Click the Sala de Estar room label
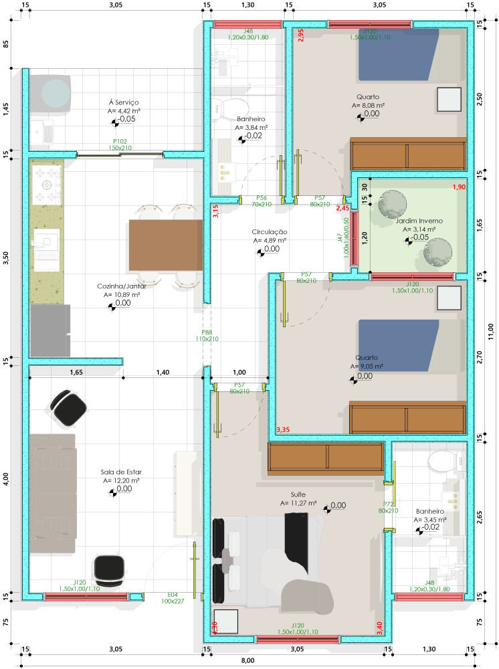coord(121,472)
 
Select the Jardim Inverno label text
coord(419,221)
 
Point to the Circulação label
coord(269,231)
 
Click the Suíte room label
coord(298,494)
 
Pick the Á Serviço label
coord(124,102)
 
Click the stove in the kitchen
coord(46,185)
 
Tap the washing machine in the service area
coord(50,94)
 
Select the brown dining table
coord(166,245)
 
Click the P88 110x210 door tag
coord(207,335)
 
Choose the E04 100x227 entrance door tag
coord(173,597)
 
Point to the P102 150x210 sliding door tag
coord(120,145)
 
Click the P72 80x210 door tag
coord(388,507)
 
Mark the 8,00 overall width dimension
coord(247,660)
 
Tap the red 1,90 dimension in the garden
coord(459,187)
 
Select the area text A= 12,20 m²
coord(121,480)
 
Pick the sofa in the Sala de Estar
coord(53,494)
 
